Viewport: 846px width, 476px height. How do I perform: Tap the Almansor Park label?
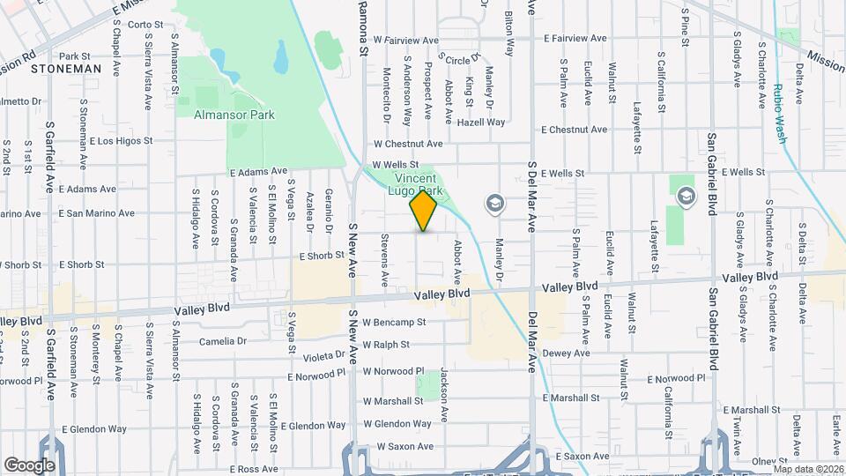coord(234,115)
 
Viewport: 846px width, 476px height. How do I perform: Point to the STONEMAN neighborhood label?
coord(66,68)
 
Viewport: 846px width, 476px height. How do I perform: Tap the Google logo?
coord(29,465)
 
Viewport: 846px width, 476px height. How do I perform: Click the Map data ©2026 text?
coord(808,468)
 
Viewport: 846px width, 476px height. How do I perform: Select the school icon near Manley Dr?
coord(494,204)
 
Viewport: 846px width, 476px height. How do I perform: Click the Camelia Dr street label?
coord(223,341)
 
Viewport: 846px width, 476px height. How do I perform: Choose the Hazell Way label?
coord(481,123)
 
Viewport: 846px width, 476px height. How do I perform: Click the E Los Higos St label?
coord(121,140)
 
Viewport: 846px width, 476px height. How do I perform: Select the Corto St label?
coord(146,25)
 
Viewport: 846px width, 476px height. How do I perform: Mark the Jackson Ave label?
coord(445,394)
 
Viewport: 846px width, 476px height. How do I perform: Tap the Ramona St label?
coord(362,28)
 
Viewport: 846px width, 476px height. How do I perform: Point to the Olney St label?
coord(768,461)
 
